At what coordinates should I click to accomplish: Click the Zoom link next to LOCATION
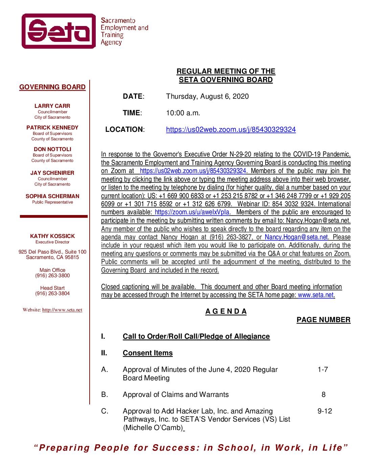tap(231, 129)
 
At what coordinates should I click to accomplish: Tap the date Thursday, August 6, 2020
tap(207, 96)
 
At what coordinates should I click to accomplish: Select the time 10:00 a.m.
tap(183, 113)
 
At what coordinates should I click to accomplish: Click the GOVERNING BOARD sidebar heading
tap(52, 87)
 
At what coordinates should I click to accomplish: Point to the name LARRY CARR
tap(52, 106)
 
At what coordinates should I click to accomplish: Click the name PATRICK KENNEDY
tap(52, 128)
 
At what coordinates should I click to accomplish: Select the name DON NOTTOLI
tap(52, 149)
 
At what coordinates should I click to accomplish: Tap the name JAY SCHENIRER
tap(52, 173)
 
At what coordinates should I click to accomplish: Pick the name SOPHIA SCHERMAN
tap(52, 196)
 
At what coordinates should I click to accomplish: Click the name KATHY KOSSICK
tap(52, 236)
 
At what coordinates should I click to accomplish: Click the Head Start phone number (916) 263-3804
tap(52, 293)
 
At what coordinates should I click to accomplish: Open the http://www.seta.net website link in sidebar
tap(62, 310)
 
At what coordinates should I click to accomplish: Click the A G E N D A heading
tap(226, 312)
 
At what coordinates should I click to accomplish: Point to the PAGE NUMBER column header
tap(323, 320)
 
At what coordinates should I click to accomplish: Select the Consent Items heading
tap(147, 353)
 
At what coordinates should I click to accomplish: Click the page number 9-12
tap(325, 411)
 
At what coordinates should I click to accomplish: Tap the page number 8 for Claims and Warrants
tap(324, 395)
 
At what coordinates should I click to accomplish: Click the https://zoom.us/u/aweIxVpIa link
tap(192, 212)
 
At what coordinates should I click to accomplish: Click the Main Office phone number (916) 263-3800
tap(52, 276)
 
